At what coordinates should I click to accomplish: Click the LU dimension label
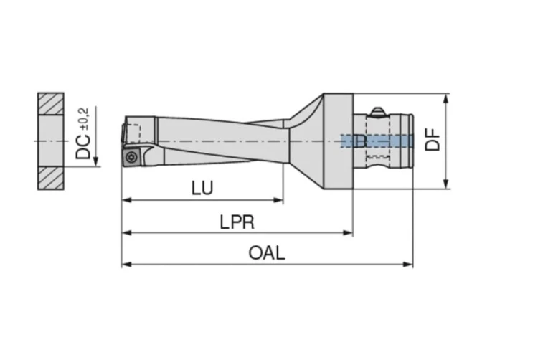point(202,188)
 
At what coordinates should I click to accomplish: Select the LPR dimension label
point(237,222)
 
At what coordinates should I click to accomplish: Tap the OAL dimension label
point(267,253)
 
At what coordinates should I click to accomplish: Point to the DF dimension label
point(433,139)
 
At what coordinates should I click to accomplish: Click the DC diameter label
point(83,146)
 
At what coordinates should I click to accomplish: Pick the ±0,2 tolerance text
point(84,119)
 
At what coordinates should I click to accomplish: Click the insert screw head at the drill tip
point(131,157)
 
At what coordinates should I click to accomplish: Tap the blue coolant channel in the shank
point(377,141)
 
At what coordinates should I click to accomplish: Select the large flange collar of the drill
point(339,141)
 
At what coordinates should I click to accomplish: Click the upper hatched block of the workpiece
point(51,103)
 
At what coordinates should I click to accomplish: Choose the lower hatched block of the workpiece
point(51,179)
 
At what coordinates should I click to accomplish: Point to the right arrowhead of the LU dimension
point(278,200)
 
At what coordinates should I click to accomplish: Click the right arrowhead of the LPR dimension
point(348,233)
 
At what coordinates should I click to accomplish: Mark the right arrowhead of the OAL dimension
point(408,265)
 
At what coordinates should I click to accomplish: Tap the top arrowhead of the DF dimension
point(445,99)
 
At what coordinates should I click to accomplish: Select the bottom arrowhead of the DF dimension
point(445,184)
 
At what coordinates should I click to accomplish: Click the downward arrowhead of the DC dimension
point(95,161)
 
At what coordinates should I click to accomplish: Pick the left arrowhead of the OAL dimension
point(127,265)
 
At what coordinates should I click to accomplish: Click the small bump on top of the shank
point(378,111)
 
